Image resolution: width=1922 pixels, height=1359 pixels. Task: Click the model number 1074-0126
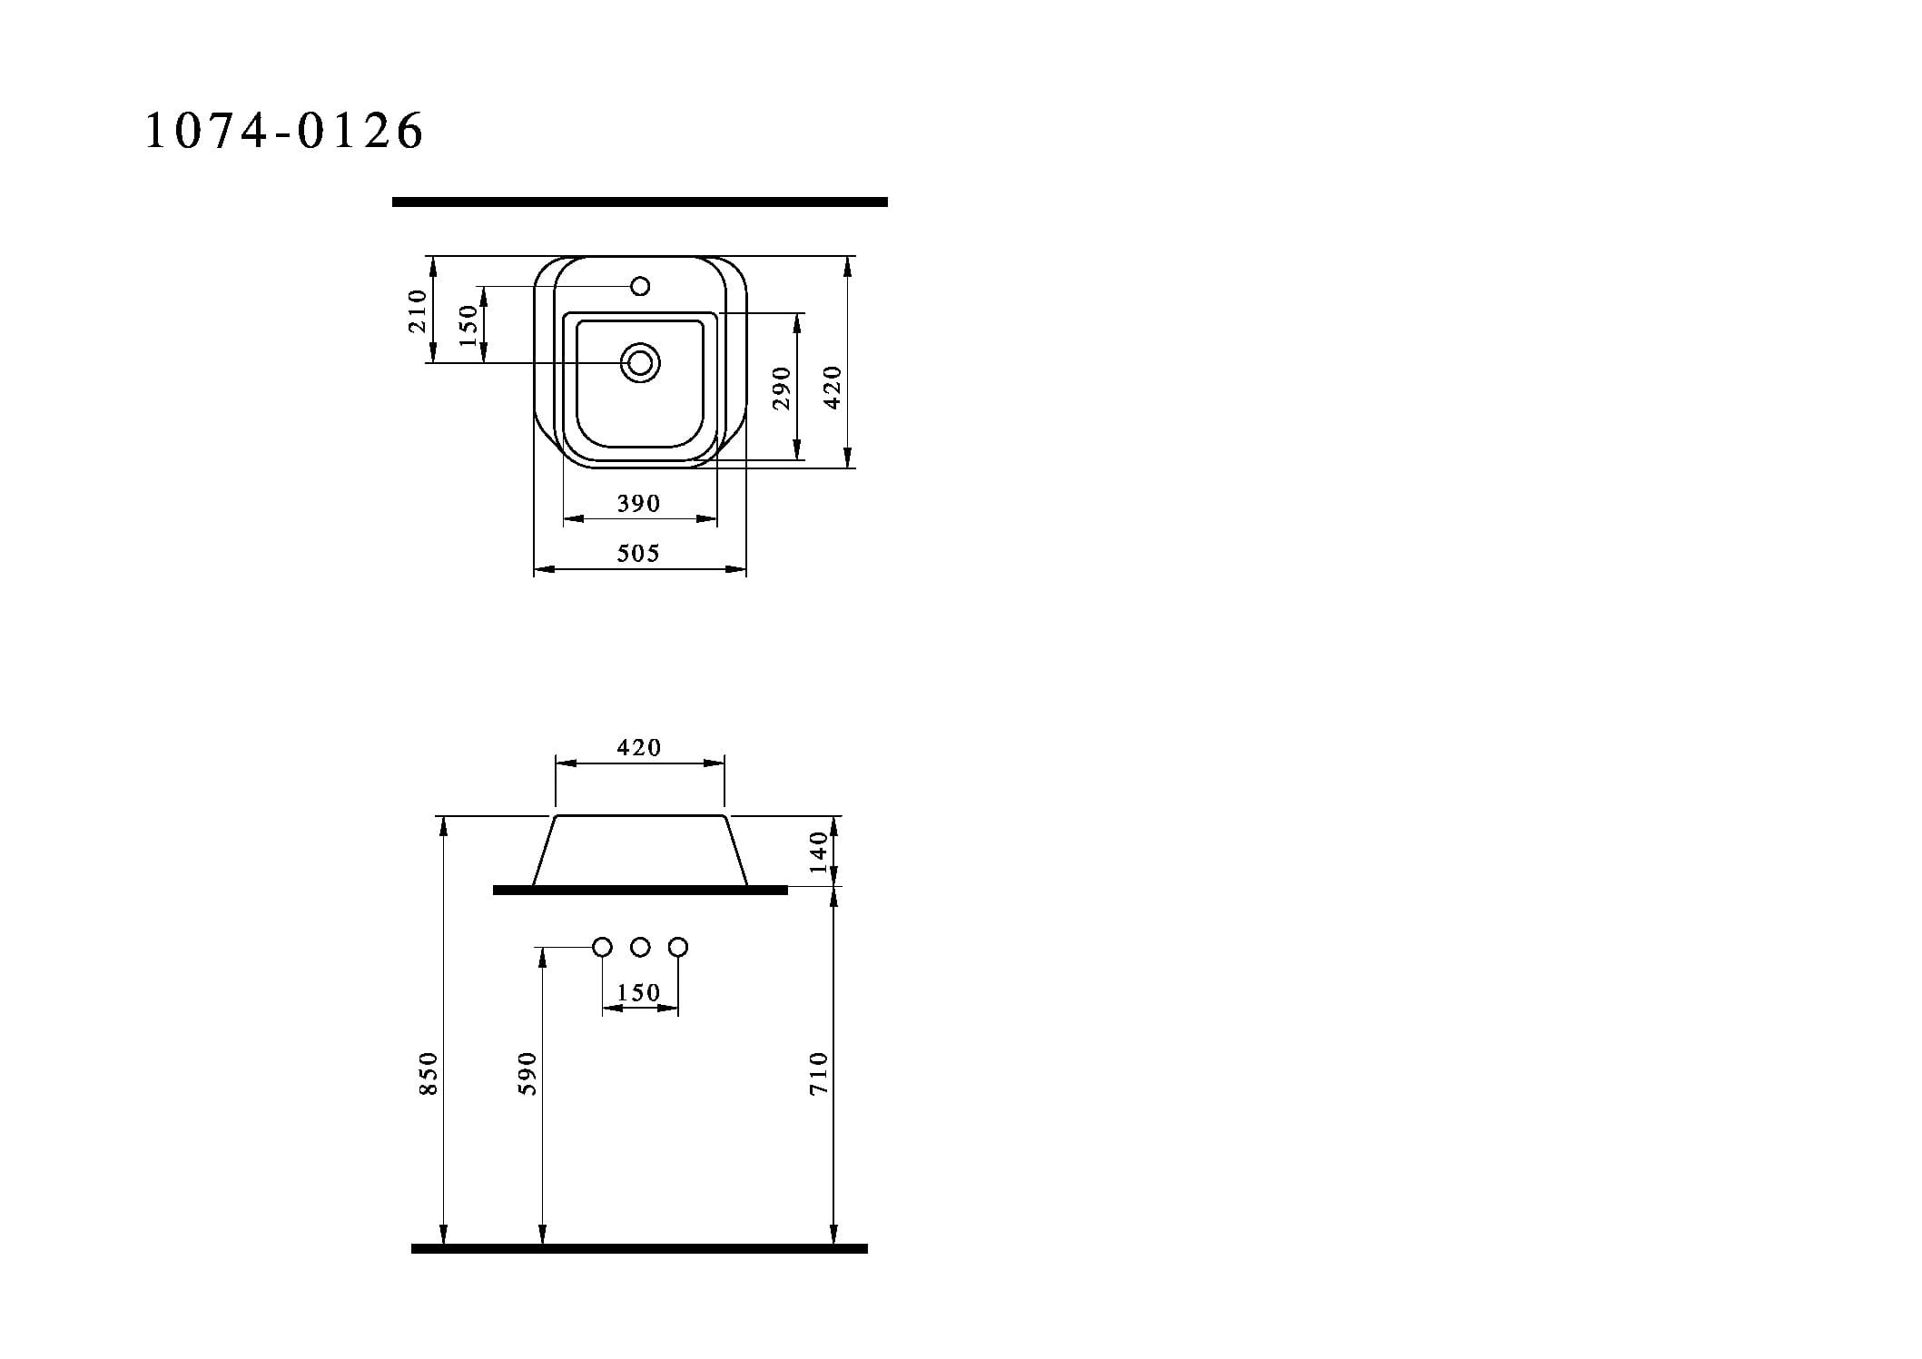tap(284, 131)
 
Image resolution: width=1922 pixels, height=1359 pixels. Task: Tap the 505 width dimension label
tap(638, 553)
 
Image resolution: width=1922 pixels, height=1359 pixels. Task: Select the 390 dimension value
tap(638, 503)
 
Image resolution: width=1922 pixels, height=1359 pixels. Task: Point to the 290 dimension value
tap(782, 388)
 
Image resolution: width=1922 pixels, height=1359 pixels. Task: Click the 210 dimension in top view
tap(418, 310)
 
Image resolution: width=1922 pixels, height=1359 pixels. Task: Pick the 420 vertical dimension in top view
tap(833, 388)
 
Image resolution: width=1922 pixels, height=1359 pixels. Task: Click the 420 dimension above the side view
tap(639, 747)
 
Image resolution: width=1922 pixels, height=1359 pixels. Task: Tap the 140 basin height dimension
tap(819, 852)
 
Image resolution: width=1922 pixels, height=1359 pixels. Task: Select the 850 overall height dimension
tap(429, 1073)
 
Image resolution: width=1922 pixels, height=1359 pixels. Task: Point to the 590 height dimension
tap(527, 1073)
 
